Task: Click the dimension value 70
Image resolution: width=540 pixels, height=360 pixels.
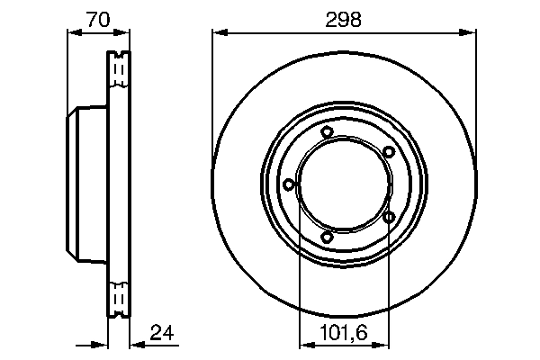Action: [x=99, y=19]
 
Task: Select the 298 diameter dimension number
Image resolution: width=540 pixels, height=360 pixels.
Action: [x=344, y=19]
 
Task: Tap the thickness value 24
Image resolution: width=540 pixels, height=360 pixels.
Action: [x=160, y=334]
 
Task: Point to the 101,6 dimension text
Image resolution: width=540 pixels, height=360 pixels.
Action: [x=344, y=334]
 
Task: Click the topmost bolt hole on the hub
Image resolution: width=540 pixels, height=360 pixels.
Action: [x=327, y=133]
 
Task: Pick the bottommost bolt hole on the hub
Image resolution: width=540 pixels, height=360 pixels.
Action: [x=327, y=237]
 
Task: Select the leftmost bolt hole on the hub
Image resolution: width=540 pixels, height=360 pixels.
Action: [x=288, y=184]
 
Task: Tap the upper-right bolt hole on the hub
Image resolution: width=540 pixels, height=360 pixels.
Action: [x=388, y=151]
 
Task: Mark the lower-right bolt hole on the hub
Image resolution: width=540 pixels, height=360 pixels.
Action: [x=389, y=217]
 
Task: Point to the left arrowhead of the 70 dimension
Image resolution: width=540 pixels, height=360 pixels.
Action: [x=74, y=33]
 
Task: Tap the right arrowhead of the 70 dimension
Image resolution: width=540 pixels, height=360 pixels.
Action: [x=124, y=33]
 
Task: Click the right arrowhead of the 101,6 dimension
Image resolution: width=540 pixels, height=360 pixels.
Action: [x=384, y=343]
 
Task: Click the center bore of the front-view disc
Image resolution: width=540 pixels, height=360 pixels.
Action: [x=344, y=184]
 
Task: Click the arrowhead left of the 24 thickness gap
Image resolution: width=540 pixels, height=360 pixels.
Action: [x=102, y=343]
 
